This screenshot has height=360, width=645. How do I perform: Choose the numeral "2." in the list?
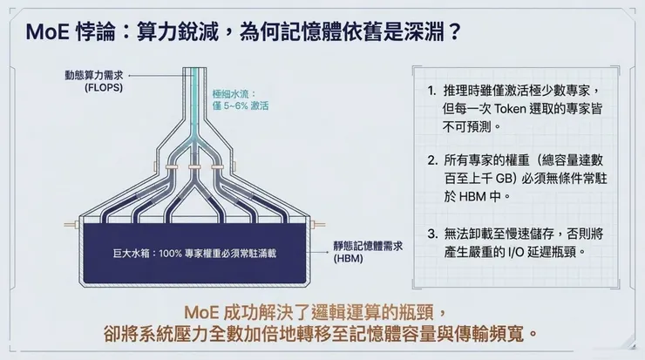(x=431, y=161)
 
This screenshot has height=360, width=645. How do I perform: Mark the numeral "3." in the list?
(x=431, y=233)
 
